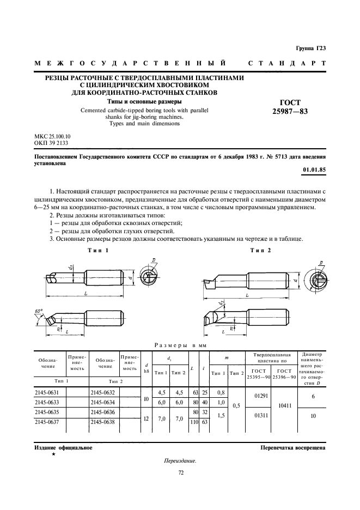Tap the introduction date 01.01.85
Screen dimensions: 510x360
coord(314,171)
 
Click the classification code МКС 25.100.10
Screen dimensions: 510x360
coord(53,136)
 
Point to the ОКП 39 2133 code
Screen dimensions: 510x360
coord(51,143)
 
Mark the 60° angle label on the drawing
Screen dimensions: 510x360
coord(39,311)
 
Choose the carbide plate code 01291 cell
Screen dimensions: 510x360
coord(260,396)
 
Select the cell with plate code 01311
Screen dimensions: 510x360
coord(260,416)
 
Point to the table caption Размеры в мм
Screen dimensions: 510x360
coord(179,345)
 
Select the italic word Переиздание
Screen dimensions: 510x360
coord(180,461)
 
